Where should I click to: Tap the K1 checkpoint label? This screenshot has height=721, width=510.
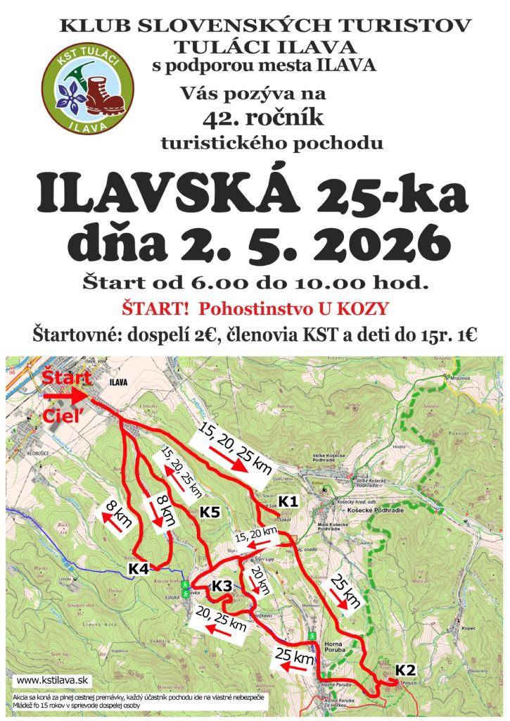[288, 501]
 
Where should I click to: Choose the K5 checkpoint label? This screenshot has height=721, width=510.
[210, 512]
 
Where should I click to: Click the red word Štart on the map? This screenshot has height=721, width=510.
[64, 378]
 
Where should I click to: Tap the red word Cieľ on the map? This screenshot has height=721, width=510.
[59, 415]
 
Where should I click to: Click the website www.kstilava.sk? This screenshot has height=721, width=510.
[51, 680]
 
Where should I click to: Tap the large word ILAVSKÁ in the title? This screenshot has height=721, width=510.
[165, 191]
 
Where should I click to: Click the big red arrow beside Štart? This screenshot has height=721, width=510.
[68, 397]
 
